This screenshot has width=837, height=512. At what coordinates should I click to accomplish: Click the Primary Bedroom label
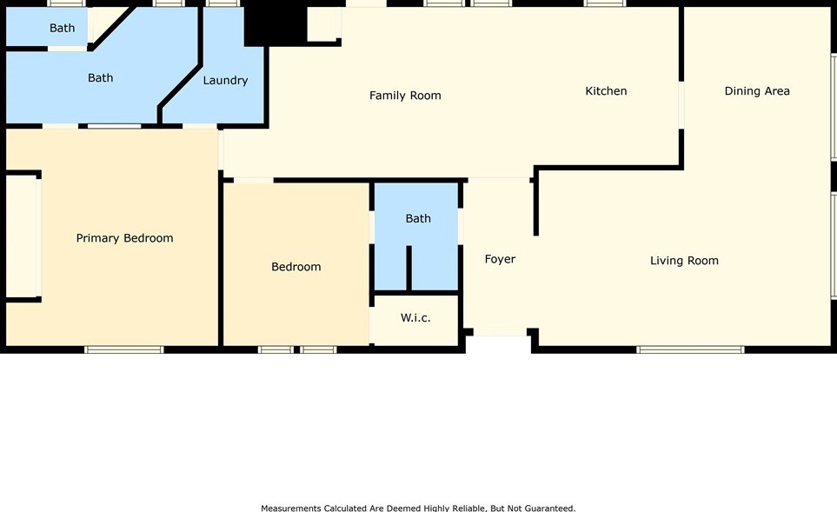pyautogui.click(x=124, y=238)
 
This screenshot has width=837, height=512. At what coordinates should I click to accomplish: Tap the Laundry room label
pyautogui.click(x=225, y=81)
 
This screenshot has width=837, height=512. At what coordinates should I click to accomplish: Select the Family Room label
pyautogui.click(x=405, y=96)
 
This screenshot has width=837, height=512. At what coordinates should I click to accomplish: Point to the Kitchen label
pyautogui.click(x=606, y=91)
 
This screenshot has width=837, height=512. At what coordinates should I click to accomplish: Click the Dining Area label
pyautogui.click(x=757, y=91)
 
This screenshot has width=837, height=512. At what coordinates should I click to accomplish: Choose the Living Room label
pyautogui.click(x=684, y=261)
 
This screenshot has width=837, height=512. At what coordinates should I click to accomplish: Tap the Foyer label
pyautogui.click(x=500, y=259)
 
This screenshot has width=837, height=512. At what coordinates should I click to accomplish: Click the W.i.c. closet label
pyautogui.click(x=415, y=318)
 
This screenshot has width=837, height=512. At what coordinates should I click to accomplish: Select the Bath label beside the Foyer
pyautogui.click(x=418, y=219)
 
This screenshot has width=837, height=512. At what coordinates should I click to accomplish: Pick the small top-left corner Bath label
pyautogui.click(x=62, y=29)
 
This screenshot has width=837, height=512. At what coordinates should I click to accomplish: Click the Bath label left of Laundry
pyautogui.click(x=100, y=78)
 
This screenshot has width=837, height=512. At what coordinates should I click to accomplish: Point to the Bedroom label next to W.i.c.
pyautogui.click(x=296, y=267)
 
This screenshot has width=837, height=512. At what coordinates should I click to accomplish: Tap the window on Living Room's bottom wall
pyautogui.click(x=690, y=349)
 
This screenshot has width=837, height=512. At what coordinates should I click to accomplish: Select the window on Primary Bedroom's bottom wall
pyautogui.click(x=123, y=349)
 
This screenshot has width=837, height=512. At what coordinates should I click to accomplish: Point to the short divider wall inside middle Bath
pyautogui.click(x=409, y=269)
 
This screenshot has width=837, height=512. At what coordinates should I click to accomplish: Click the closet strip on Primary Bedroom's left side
pyautogui.click(x=23, y=236)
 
